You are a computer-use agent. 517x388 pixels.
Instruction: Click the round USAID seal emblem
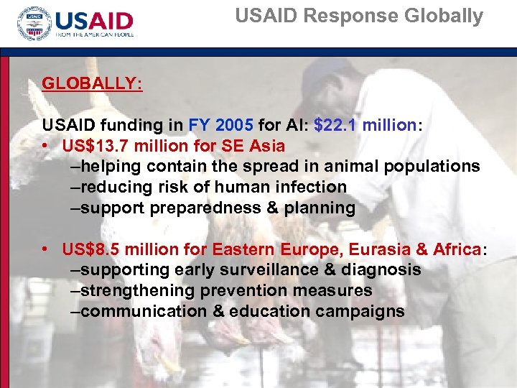coord(34,25)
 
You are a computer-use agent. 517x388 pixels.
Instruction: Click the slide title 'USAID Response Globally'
coord(359,17)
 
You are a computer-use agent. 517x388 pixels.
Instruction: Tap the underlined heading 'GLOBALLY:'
coord(92,83)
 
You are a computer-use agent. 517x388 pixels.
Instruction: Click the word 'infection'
coord(311,188)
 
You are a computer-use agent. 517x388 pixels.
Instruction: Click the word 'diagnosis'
coord(383,270)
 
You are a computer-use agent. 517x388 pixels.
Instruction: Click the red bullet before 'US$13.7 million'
coord(45,146)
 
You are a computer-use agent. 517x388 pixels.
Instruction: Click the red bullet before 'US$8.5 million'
coord(45,249)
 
